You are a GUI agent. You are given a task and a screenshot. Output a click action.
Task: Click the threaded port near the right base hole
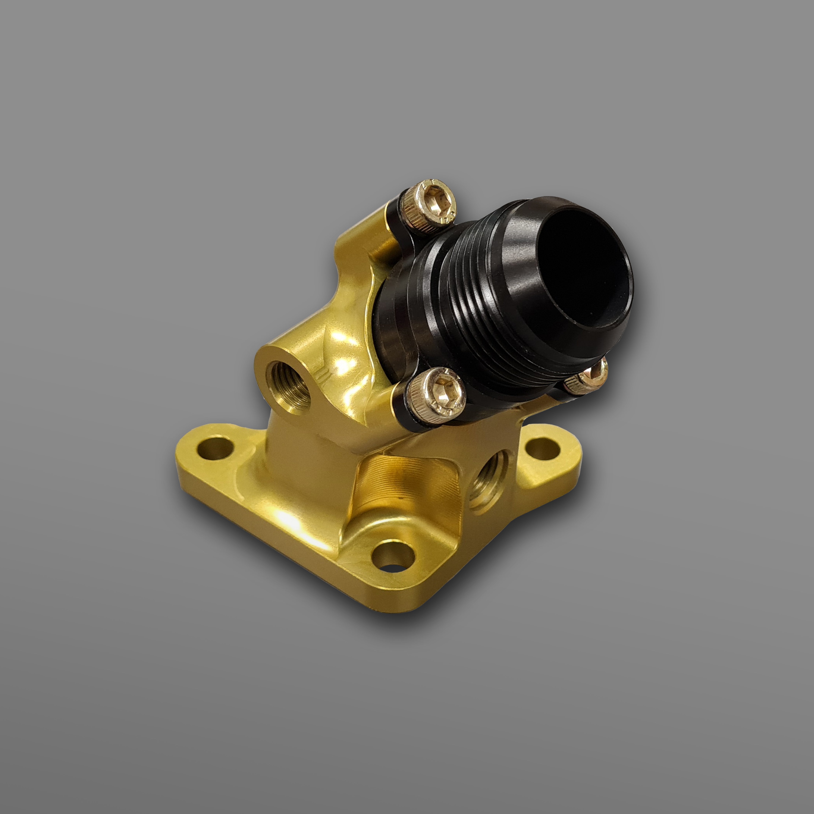[489, 480]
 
